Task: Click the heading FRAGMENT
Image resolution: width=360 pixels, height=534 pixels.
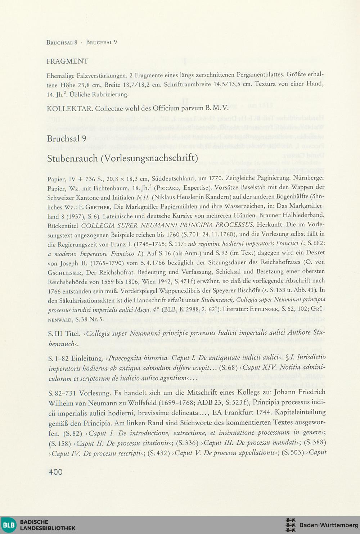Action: tap(67, 62)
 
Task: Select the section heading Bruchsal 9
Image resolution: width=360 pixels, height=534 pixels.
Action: tap(67, 139)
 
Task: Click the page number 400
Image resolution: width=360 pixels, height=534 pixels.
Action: tap(55, 472)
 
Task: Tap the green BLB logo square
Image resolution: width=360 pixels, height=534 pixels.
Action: tap(9, 525)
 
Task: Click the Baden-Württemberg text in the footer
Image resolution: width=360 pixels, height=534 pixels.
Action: tap(329, 525)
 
